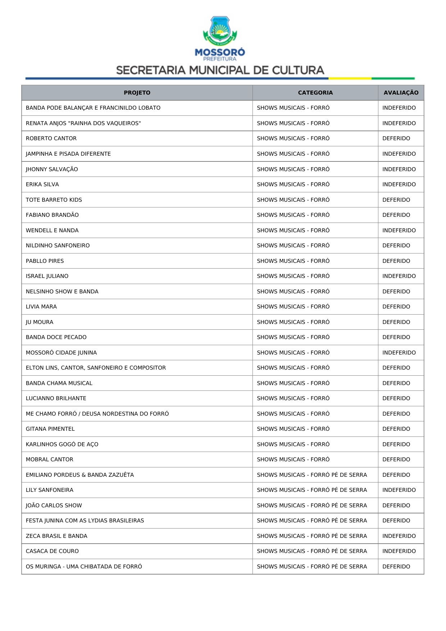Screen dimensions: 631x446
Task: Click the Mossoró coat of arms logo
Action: [220, 30]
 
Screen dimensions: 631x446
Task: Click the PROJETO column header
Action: [137, 93]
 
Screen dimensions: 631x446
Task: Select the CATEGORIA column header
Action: [315, 93]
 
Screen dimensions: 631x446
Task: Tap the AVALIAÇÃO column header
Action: [401, 93]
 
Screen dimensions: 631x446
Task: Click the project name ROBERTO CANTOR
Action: [51, 138]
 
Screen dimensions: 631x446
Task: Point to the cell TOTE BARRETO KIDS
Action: [54, 200]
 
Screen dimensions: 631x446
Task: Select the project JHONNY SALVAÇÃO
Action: [52, 169]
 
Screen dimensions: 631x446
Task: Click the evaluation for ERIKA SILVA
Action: [399, 184]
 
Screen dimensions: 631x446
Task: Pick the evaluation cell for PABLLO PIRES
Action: [396, 261]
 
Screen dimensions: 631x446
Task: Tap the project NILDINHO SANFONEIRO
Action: [58, 246]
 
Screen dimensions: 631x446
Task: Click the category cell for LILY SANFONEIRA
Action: [312, 490]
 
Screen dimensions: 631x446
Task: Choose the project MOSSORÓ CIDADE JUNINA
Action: [61, 353]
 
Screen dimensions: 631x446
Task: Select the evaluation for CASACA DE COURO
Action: [399, 551]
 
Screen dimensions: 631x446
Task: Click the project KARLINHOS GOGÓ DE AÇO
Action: [62, 444]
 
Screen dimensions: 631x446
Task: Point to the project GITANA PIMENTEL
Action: [50, 429]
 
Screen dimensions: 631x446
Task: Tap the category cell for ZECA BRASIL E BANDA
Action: [312, 536]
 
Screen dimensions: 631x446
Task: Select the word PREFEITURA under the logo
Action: [220, 59]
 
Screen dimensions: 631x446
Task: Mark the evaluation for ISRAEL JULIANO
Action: [399, 276]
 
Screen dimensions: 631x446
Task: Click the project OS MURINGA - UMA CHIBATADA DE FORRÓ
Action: [84, 567]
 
